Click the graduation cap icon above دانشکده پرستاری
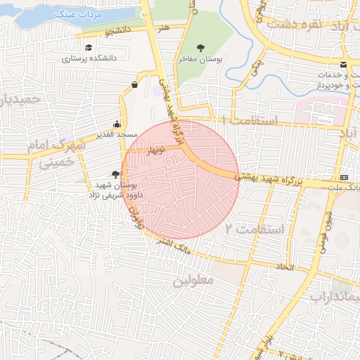(89, 48)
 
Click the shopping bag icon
(134, 85)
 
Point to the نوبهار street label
(155, 150)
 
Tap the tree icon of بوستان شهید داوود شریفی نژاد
(115, 174)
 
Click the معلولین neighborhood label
(193, 281)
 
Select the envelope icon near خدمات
(343, 65)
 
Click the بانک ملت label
(349, 187)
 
